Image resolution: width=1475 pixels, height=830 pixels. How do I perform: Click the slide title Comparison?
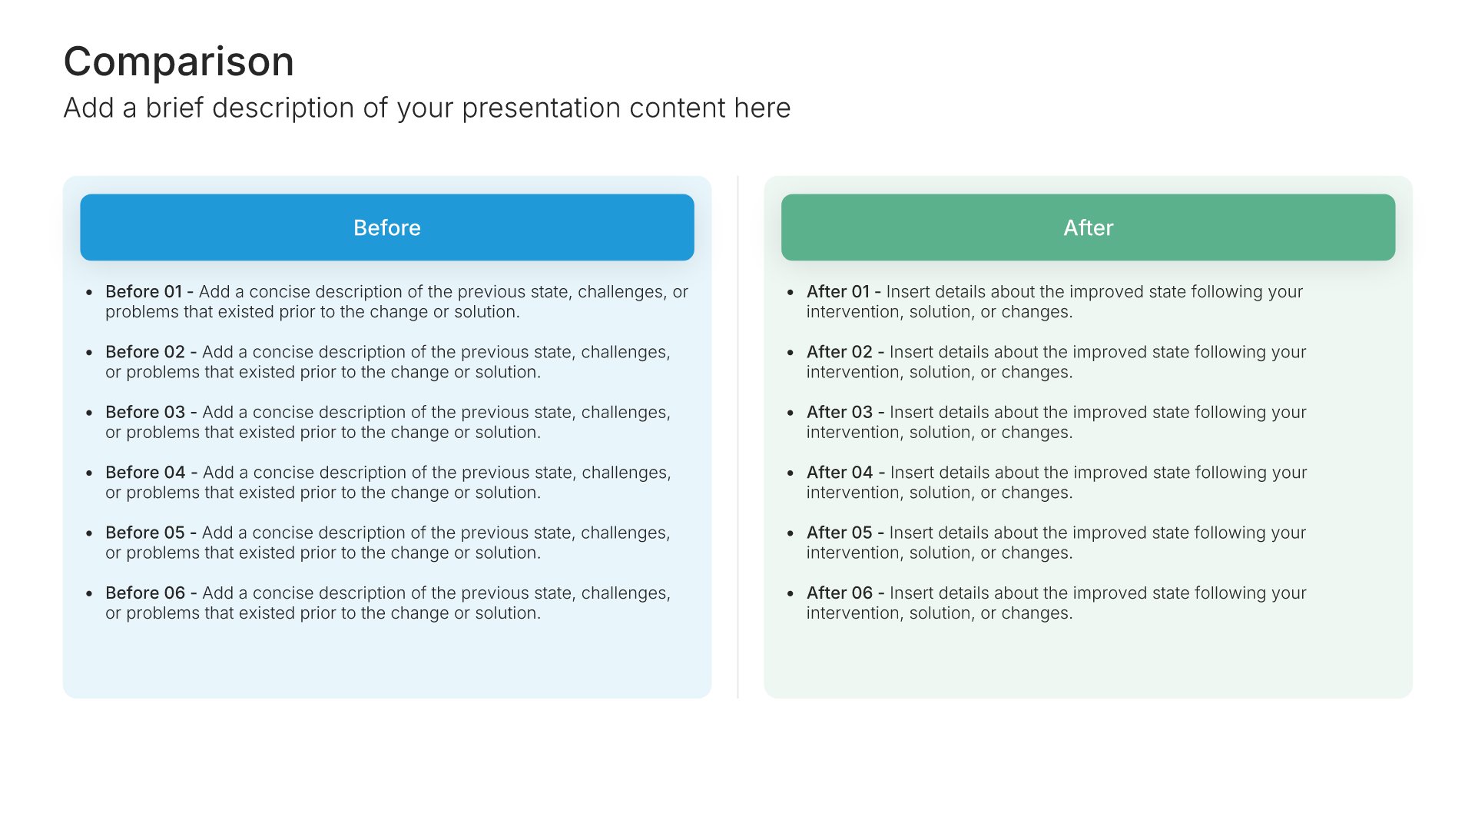[x=179, y=61]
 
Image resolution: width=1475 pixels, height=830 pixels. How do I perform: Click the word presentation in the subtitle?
[x=542, y=108]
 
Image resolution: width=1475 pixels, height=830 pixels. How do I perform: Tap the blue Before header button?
[x=387, y=227]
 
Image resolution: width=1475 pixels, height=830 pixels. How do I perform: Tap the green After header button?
[x=1089, y=227]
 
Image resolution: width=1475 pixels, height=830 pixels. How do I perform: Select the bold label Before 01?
[x=144, y=292]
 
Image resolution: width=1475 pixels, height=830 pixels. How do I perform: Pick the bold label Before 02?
[x=145, y=352]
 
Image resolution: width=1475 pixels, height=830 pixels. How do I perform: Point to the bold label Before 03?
[x=145, y=413]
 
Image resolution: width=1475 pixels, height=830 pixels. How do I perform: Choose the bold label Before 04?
[x=145, y=473]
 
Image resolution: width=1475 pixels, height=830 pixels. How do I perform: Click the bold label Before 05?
[x=145, y=533]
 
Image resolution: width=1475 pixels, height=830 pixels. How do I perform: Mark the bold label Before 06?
[x=145, y=593]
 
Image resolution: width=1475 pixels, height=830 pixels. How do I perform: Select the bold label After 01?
[x=838, y=292]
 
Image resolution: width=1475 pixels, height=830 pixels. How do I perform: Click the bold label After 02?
[x=840, y=352]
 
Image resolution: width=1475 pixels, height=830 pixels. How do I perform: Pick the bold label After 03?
[x=840, y=413]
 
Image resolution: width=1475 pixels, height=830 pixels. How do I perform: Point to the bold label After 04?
[x=840, y=473]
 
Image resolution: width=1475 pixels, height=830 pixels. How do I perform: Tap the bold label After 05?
[x=840, y=533]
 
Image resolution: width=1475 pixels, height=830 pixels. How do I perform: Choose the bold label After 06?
[x=840, y=593]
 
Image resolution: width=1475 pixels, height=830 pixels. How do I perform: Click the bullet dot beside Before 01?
[x=89, y=293]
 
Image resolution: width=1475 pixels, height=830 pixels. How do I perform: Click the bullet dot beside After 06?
[x=791, y=594]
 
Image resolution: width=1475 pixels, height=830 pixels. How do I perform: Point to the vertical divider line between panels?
[x=737, y=437]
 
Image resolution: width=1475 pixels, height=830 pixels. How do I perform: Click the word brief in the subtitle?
[x=174, y=108]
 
